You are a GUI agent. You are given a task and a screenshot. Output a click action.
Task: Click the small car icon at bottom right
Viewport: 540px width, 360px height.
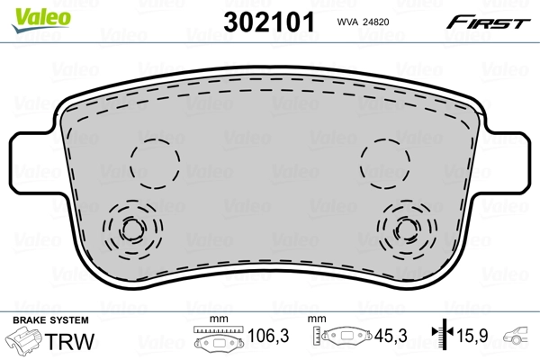coord(519,340)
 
